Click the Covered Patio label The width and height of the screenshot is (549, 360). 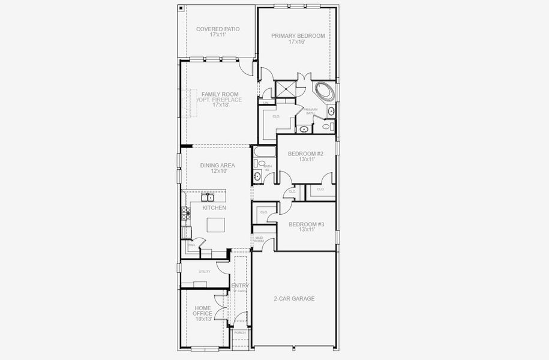218,29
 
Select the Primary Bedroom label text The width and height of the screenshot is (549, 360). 298,36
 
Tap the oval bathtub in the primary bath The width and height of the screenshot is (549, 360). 325,92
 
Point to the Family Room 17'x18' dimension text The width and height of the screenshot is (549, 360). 221,105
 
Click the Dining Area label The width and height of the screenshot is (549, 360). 217,165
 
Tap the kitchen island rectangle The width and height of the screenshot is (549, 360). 217,225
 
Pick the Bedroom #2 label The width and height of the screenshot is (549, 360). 306,154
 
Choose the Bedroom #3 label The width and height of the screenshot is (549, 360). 306,224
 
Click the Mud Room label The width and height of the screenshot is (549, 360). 259,239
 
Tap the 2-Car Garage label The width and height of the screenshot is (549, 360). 294,298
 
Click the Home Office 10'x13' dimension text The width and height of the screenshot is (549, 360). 203,319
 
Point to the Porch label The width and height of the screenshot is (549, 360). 240,332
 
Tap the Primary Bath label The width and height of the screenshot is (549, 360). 310,111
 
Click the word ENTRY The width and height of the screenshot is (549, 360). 240,286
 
